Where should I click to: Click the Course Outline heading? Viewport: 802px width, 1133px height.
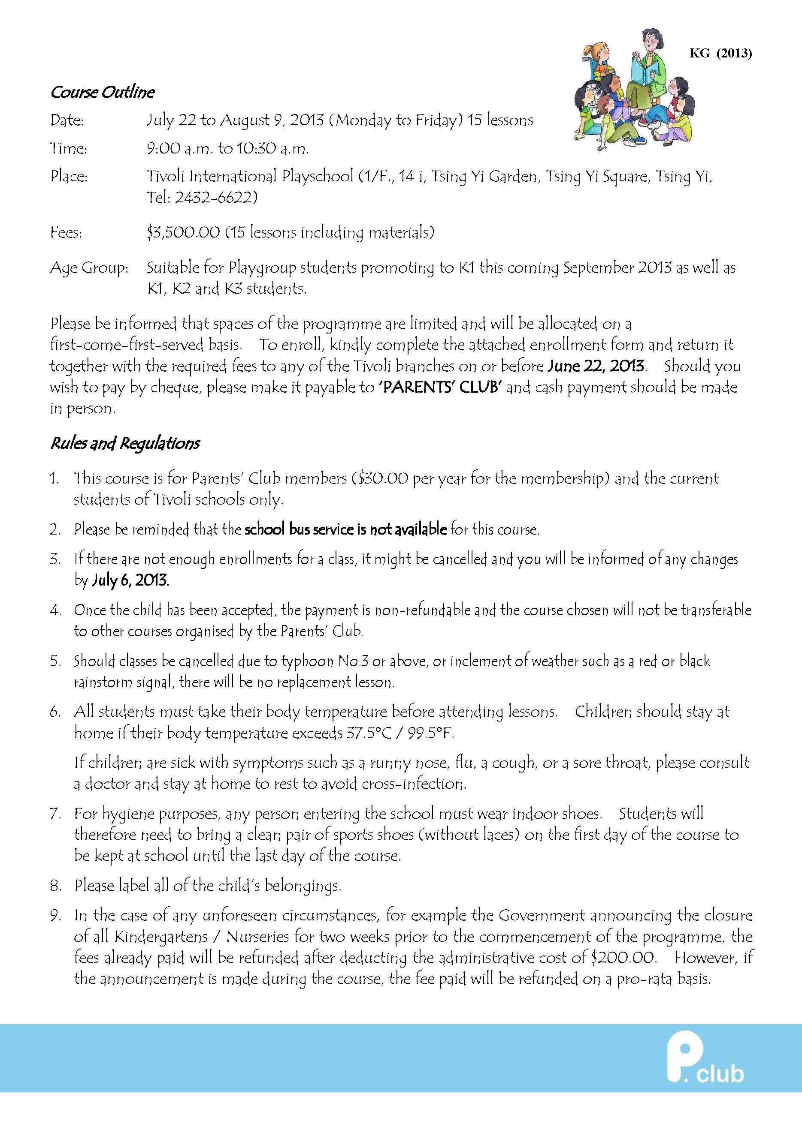click(x=102, y=92)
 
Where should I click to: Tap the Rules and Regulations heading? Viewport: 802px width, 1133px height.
click(x=125, y=443)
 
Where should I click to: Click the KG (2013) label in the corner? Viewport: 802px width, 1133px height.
click(x=720, y=53)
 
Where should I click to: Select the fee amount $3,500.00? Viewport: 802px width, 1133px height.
click(x=183, y=232)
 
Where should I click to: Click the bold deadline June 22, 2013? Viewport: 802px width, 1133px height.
click(x=596, y=366)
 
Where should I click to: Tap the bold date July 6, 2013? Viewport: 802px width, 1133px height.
click(x=130, y=580)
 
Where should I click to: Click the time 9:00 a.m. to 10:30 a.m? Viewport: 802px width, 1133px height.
click(x=228, y=148)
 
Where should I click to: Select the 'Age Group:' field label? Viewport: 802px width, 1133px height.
click(x=89, y=268)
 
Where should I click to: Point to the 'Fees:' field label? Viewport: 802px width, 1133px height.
click(x=66, y=232)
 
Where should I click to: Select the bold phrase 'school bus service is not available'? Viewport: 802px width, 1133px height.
click(x=346, y=529)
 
